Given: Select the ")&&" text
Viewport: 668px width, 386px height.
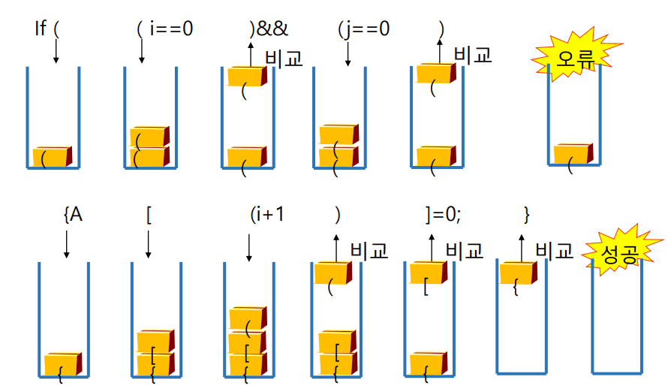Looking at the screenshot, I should pos(269,29).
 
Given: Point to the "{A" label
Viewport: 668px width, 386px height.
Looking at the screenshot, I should pos(73,214).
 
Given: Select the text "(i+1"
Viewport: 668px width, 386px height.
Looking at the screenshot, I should pos(266,214).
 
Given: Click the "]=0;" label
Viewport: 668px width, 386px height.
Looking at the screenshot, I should pos(443,215).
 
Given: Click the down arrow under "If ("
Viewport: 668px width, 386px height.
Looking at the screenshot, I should pos(56,51).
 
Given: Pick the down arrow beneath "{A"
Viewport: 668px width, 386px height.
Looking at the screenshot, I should pos(66,244).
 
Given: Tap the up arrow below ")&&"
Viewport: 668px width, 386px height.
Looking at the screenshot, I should pos(251,53).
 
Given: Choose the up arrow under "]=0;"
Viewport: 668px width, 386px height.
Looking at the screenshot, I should pos(432,247).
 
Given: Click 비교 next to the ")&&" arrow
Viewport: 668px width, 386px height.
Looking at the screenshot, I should pos(284,58).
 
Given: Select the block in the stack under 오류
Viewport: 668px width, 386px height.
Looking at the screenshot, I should pos(573,154).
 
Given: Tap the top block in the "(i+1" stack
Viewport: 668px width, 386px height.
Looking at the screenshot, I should pos(248,318).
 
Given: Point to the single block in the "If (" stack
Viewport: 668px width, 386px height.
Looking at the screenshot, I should pos(52,157).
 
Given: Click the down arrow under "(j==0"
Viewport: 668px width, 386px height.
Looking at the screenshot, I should pos(348,53).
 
